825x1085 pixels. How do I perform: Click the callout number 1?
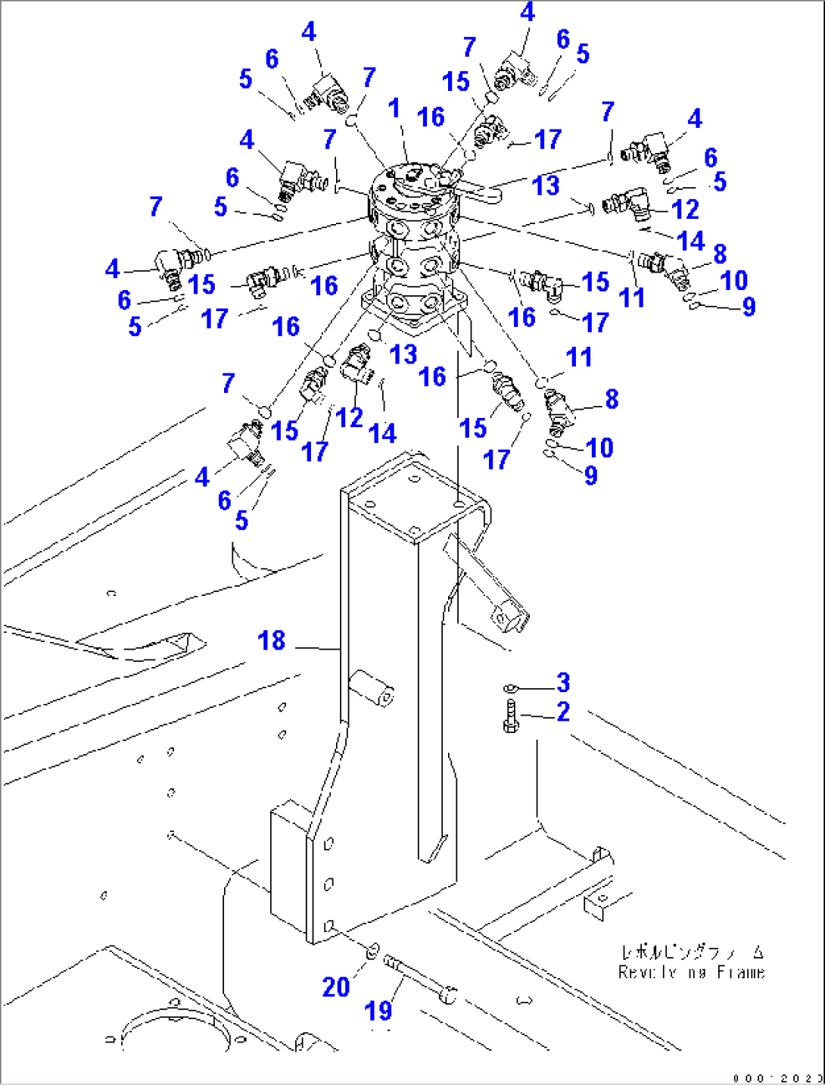[394, 108]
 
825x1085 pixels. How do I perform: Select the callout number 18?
[271, 641]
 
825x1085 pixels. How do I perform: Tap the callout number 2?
[563, 712]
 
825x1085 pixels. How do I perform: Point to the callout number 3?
[563, 682]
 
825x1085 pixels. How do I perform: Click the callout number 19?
[378, 1010]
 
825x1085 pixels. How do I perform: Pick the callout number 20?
[336, 987]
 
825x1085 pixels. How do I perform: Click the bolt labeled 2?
[510, 716]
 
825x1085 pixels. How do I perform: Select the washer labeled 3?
[510, 688]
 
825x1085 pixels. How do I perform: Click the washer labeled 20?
[372, 951]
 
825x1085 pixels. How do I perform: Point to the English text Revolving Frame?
[691, 973]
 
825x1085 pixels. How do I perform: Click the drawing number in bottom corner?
[777, 1078]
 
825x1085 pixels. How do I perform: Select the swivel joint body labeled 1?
[415, 242]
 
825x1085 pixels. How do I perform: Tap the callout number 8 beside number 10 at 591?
[612, 399]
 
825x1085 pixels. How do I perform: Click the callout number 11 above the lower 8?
[579, 357]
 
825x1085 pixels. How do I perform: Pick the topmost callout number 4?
[528, 12]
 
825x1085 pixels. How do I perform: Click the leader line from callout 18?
[318, 648]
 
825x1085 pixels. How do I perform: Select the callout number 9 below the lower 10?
[590, 475]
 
